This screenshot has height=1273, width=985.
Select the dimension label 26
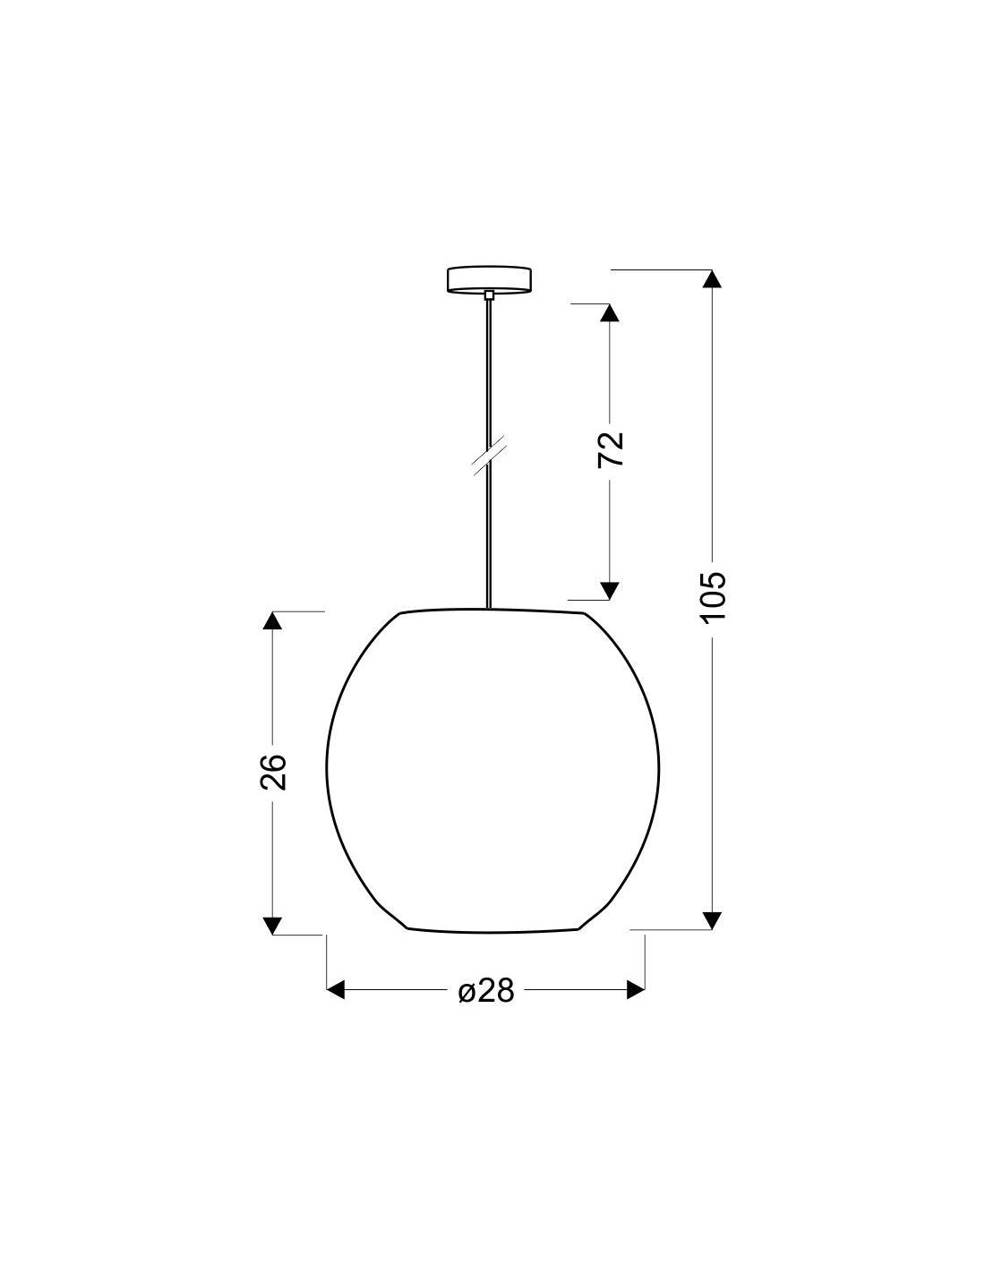(x=273, y=772)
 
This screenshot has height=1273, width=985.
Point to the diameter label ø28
(x=485, y=991)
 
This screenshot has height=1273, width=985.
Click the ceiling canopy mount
(x=489, y=279)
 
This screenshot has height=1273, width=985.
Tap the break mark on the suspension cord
(x=489, y=455)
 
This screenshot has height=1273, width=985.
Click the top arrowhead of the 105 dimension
(x=712, y=278)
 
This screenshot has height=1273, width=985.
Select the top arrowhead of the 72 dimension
(x=610, y=312)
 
